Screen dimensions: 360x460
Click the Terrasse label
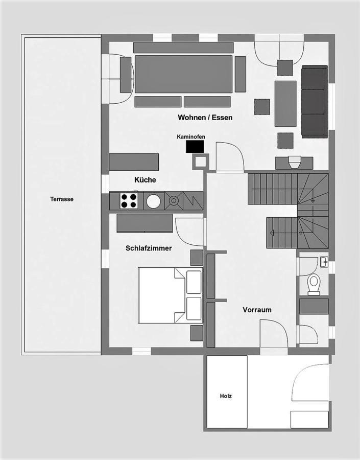[x=62, y=199]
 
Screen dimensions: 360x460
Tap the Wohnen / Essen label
[x=205, y=118]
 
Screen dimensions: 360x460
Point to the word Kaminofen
[x=191, y=136]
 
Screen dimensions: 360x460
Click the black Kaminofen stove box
[x=195, y=146]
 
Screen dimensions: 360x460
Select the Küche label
[x=145, y=179]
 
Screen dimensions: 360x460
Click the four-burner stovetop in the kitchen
[x=129, y=201]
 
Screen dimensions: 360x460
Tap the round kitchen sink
[x=153, y=201]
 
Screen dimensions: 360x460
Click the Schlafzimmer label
[x=149, y=248]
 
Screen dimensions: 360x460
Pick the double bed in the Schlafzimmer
[x=171, y=295]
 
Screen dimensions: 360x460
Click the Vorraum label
[x=257, y=310]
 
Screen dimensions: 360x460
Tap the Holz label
[x=226, y=396]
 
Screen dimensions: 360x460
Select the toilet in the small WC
[x=314, y=284]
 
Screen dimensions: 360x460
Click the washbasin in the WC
[x=324, y=261]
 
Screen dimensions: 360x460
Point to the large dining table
[x=183, y=74]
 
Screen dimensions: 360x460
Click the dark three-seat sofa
[x=314, y=102]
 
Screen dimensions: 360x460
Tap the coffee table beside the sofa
[x=285, y=104]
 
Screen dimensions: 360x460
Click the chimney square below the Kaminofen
[x=201, y=162]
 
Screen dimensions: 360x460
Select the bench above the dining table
[x=183, y=48]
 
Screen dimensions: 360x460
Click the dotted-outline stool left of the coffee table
[x=262, y=107]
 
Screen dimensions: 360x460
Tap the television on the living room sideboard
[x=294, y=162]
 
